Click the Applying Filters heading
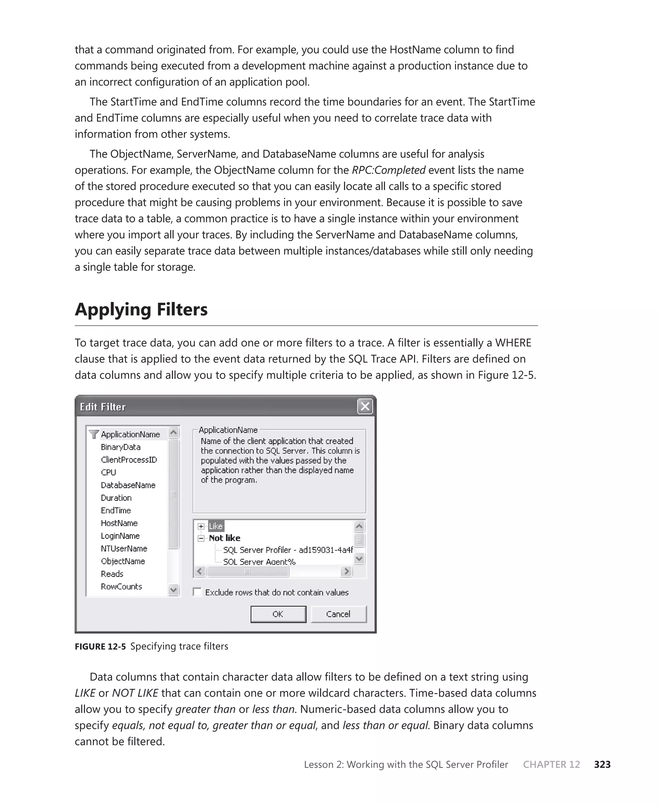[x=141, y=309]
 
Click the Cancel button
[x=338, y=614]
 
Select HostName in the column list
[x=119, y=523]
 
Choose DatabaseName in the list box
[x=128, y=485]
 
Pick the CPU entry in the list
[x=108, y=472]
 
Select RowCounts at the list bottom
[x=121, y=587]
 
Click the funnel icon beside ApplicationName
[x=93, y=434]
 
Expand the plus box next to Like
[x=201, y=526]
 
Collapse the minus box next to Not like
[x=201, y=538]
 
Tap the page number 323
[x=602, y=764]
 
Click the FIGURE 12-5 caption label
[x=100, y=646]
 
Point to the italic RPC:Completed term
[x=388, y=170]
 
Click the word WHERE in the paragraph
[x=512, y=343]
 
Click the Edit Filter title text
[x=103, y=407]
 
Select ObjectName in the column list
[x=123, y=561]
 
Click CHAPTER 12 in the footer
[x=551, y=764]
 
